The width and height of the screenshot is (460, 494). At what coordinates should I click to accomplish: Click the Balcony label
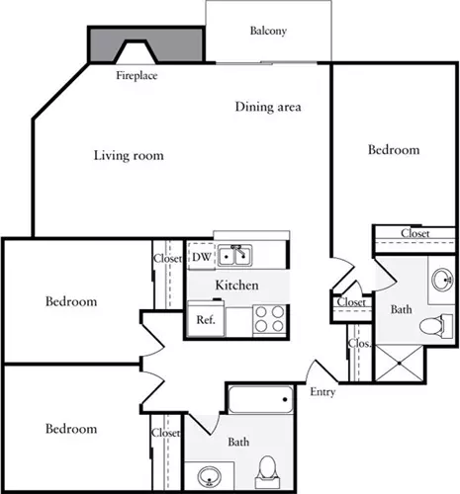pyautogui.click(x=268, y=31)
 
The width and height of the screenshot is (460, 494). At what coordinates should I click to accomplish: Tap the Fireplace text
pyautogui.click(x=137, y=75)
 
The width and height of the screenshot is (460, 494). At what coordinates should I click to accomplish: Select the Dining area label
pyautogui.click(x=268, y=107)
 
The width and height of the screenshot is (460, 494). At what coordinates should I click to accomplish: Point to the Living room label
pyautogui.click(x=129, y=155)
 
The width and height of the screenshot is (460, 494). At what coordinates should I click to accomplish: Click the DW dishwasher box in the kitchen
pyautogui.click(x=201, y=256)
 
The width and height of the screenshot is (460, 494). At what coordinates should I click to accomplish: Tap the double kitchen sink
pyautogui.click(x=234, y=255)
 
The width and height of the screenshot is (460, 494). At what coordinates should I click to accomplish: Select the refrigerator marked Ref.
pyautogui.click(x=206, y=318)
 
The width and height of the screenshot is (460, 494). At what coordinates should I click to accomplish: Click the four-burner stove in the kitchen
pyautogui.click(x=269, y=319)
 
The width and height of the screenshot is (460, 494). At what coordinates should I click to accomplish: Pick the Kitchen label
pyautogui.click(x=236, y=286)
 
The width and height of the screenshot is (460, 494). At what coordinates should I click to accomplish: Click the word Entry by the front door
pyautogui.click(x=322, y=392)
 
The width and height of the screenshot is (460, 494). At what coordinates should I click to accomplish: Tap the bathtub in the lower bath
pyautogui.click(x=261, y=399)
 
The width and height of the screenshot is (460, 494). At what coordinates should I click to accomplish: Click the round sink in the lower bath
pyautogui.click(x=210, y=476)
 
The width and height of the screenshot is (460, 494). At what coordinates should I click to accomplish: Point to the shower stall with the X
pyautogui.click(x=399, y=364)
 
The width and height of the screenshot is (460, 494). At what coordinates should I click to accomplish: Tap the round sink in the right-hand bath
pyautogui.click(x=442, y=280)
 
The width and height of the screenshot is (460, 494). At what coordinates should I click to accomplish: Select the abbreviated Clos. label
pyautogui.click(x=360, y=344)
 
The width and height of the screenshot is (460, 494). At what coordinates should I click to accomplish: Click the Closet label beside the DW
pyautogui.click(x=167, y=259)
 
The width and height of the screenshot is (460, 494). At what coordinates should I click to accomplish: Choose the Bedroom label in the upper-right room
pyautogui.click(x=394, y=150)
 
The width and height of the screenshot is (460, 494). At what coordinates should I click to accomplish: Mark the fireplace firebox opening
pyautogui.click(x=136, y=52)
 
